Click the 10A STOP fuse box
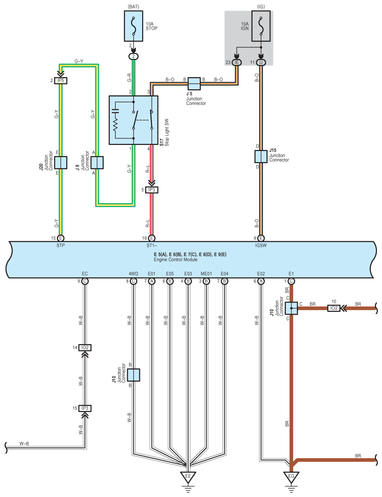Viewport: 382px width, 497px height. pos(133,26)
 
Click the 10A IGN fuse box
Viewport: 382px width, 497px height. pos(261,26)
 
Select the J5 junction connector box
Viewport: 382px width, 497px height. pos(194,84)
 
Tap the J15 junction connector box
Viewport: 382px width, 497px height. pos(261,157)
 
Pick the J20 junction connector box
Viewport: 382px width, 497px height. pos(60,163)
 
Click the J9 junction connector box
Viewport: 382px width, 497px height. pos(97,163)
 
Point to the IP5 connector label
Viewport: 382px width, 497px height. pos(60,80)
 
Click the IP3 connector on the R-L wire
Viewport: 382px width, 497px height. pos(152,190)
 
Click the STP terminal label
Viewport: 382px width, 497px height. pos(60,245)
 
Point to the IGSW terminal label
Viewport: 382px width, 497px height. pos(261,245)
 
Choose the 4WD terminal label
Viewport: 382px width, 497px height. pos(133,274)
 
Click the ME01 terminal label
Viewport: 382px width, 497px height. pos(206,274)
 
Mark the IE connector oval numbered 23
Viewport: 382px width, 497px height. pos(237,63)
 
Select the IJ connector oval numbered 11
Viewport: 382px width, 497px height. pos(261,63)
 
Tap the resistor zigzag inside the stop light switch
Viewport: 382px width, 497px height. pos(115,126)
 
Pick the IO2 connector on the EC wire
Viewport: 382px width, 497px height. pos(85,348)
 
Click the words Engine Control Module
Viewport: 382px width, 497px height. pos(176,259)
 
